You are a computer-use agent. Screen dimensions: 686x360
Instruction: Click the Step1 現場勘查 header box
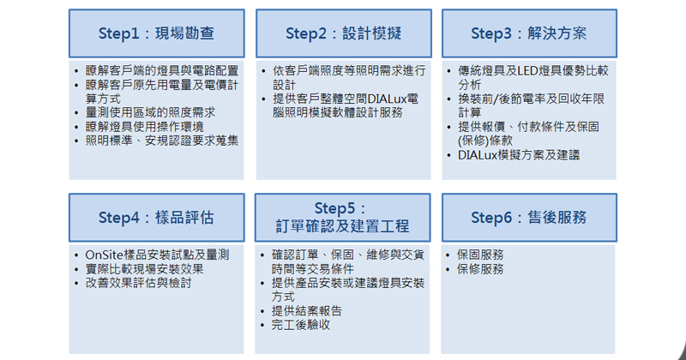157,33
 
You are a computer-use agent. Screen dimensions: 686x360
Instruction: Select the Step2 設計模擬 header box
344,33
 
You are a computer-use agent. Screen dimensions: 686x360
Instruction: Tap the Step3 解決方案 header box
529,33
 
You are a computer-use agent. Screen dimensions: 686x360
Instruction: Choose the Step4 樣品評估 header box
157,218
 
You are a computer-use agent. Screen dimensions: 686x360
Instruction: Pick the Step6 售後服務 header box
529,218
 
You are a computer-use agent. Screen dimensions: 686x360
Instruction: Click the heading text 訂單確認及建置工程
342,225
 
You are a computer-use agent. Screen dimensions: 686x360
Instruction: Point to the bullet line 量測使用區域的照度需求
150,112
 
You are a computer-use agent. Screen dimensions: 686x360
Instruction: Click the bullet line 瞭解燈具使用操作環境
144,127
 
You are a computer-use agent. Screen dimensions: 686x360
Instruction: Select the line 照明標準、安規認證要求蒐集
162,141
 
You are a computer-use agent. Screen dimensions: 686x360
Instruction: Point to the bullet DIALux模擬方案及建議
519,155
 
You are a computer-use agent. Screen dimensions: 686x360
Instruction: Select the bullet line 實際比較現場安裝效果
144,268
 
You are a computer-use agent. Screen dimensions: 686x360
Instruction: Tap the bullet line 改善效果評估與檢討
138,283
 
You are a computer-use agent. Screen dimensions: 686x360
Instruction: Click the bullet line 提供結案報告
307,310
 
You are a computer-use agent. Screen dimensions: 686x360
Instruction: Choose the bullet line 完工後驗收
301,325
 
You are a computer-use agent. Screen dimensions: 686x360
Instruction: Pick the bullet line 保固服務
480,255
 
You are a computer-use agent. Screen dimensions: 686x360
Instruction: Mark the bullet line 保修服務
480,268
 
